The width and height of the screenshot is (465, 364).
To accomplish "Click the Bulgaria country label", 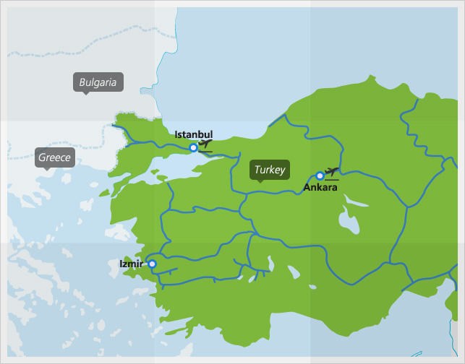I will coord(98,82).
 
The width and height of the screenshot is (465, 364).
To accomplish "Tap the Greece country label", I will coord(55,157).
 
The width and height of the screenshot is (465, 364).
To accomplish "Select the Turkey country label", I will coord(269,170).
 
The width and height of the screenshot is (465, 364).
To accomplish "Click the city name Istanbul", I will coord(193,134).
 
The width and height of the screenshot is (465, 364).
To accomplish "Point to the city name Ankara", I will coord(320,188).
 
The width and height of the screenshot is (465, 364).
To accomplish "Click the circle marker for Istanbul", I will coord(193,148).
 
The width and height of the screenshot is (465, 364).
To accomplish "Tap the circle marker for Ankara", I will coord(320,175).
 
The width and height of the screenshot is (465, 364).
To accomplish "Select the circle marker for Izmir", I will coord(152,264).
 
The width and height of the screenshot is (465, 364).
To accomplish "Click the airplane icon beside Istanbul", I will coord(205,144).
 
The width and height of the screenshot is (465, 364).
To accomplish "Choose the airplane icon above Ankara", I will coord(332,172).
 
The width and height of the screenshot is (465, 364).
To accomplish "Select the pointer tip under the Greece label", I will coord(46,170).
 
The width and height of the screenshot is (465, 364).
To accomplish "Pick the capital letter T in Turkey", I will coord(255,170).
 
